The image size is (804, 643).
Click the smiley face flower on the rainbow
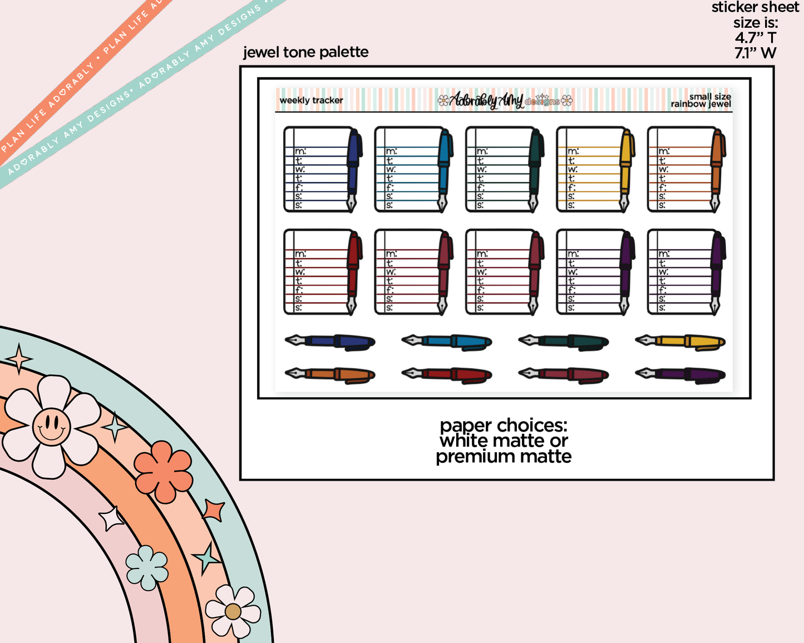point(51,427)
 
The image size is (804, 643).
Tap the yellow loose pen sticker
point(680,342)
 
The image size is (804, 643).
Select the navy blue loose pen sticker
point(330,342)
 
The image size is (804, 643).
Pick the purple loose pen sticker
point(680,374)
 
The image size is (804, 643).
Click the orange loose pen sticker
point(330,374)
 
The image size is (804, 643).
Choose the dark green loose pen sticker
point(563,342)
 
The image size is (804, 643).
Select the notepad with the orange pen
point(686,170)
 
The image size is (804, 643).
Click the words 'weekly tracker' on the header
point(311,101)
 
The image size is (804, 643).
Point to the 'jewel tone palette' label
point(305,52)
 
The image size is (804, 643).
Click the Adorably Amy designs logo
point(504,101)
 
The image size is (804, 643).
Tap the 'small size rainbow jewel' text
point(701,101)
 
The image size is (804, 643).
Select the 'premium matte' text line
point(504,457)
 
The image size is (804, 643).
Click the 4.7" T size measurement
point(755,38)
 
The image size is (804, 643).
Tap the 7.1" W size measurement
point(755,53)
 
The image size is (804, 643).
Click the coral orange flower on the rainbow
point(163,472)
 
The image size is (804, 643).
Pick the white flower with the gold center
point(233,611)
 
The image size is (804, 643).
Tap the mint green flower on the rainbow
point(147,567)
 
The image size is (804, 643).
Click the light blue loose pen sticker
point(447,342)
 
